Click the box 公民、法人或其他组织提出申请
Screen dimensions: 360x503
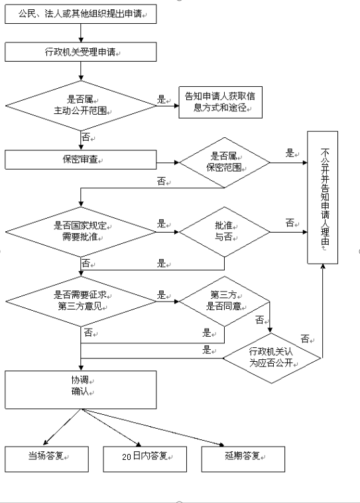point(80,14)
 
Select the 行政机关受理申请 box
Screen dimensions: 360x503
point(80,52)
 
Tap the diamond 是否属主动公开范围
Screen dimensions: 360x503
point(81,105)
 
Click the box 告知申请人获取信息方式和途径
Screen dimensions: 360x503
point(220,102)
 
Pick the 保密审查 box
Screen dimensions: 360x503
point(80,160)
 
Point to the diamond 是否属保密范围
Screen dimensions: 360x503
point(225,162)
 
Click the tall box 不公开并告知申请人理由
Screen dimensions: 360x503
point(322,197)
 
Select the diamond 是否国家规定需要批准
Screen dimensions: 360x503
point(81,231)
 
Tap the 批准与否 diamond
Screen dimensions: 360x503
point(225,231)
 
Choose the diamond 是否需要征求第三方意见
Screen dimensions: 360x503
point(81,302)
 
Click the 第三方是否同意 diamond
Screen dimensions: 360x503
point(224,302)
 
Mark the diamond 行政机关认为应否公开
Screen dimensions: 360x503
point(272,358)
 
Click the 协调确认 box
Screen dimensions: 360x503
point(80,390)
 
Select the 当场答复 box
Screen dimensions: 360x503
point(46,459)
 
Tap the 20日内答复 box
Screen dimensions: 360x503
point(145,459)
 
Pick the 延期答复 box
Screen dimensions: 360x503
point(243,459)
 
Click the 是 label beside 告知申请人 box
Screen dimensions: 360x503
point(161,99)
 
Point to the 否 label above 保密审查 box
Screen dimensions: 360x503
point(86,137)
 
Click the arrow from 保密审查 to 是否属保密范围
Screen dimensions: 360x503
point(168,162)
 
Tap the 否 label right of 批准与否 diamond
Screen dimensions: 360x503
point(290,222)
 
